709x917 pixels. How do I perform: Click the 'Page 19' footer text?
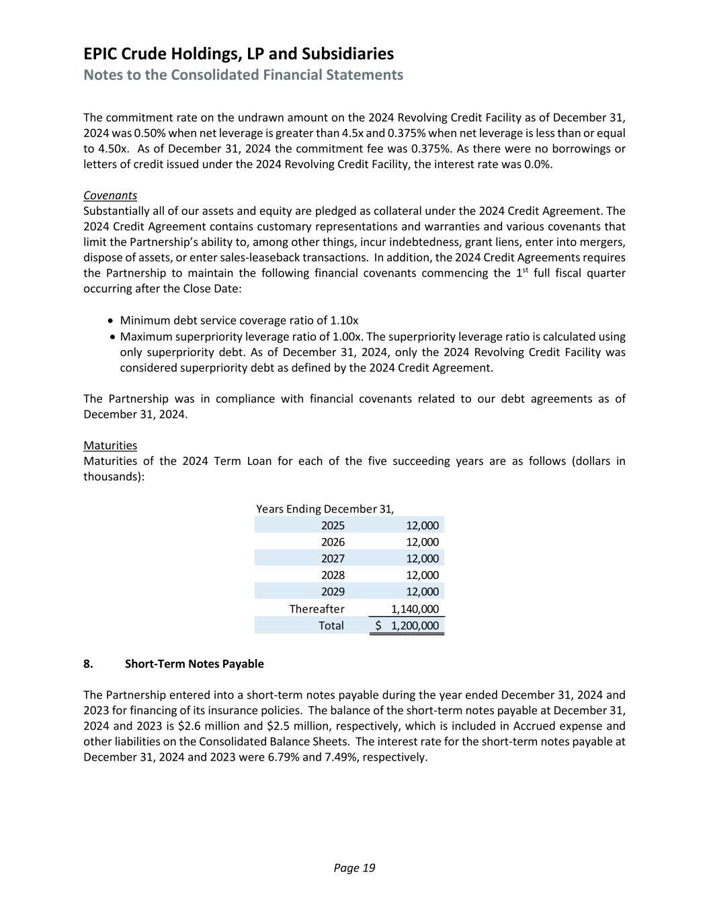[x=354, y=868]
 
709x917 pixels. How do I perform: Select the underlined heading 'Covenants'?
[x=110, y=195]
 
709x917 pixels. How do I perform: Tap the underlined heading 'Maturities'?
[x=110, y=445]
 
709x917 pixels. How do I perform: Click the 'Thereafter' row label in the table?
[x=317, y=609]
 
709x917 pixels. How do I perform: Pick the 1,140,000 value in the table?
[x=415, y=609]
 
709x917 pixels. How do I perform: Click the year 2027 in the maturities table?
[x=333, y=558]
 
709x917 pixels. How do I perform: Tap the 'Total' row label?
[x=331, y=625]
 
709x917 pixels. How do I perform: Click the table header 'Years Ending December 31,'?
[x=325, y=509]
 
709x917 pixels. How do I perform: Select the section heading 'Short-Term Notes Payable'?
[x=194, y=664]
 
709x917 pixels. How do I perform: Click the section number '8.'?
[x=88, y=664]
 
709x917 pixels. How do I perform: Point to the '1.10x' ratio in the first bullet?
[x=344, y=320]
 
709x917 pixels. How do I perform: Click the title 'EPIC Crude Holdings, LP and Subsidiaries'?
[x=239, y=54]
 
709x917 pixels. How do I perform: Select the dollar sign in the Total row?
[x=378, y=625]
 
